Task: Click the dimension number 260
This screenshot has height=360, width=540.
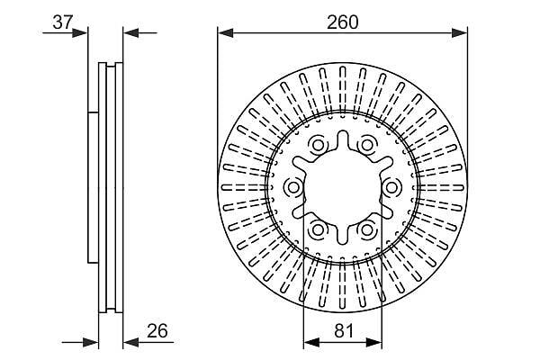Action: [343, 22]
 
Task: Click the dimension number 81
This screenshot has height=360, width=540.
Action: [344, 331]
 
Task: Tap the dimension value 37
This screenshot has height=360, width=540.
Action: [63, 22]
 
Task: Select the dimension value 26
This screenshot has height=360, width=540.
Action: [157, 330]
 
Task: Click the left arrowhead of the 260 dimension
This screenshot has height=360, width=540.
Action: [226, 33]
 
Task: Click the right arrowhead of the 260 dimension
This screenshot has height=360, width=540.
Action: [459, 33]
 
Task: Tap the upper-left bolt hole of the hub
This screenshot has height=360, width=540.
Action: [317, 146]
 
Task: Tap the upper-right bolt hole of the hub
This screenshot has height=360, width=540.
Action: [366, 145]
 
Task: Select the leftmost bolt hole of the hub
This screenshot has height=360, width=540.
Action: [293, 188]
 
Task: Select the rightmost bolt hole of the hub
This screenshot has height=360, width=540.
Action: [391, 188]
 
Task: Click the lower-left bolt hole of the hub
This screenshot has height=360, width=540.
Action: [317, 229]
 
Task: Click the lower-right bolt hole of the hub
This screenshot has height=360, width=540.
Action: [366, 229]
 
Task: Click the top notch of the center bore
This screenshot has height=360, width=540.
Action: [342, 138]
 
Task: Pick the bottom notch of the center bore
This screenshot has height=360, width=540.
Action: [342, 237]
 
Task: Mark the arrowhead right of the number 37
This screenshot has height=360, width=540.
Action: [80, 33]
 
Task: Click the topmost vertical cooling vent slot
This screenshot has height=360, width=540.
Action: [342, 91]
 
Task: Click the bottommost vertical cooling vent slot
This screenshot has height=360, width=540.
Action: [342, 283]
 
